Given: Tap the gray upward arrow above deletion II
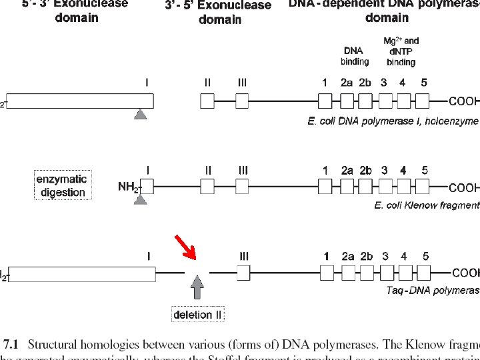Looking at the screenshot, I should [197, 289].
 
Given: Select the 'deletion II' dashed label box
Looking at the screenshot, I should [197, 314].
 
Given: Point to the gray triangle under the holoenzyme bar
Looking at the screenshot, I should [140, 114].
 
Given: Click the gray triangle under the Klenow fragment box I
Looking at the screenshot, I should [140, 198].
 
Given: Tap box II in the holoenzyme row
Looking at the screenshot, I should [207, 101].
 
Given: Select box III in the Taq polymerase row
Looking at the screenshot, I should [243, 273].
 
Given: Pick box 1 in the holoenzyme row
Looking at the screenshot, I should [325, 101].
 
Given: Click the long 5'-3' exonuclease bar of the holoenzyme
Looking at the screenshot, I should [80, 101].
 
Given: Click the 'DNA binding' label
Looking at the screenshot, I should [355, 56].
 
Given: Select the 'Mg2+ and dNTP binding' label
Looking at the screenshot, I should [401, 51].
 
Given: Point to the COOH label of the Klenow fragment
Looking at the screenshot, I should [463, 188].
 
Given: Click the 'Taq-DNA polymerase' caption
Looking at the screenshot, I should [433, 290].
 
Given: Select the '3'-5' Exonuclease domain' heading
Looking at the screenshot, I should [218, 12].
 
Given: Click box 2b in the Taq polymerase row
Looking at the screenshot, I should [365, 273].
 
